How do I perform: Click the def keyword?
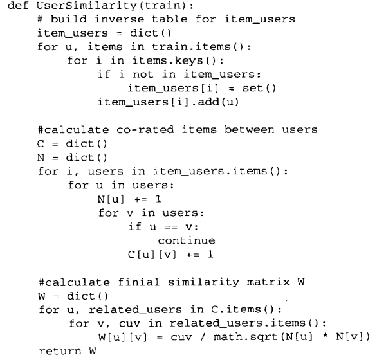pyautogui.click(x=16, y=8)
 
